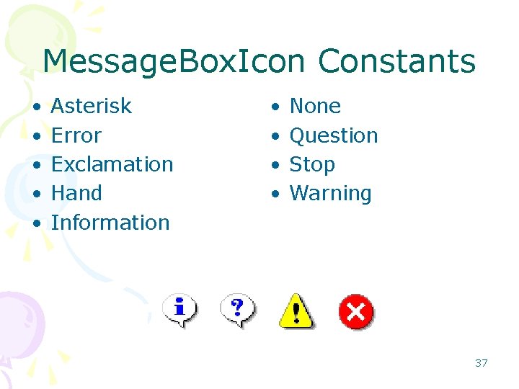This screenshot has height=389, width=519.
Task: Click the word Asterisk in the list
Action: point(92,107)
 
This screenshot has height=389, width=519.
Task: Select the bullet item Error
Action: point(76,135)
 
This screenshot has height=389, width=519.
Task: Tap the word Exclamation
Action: point(112,165)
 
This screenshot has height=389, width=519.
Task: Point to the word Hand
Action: point(76,194)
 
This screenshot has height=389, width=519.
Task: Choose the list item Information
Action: point(110,223)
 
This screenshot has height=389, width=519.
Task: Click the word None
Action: point(315,107)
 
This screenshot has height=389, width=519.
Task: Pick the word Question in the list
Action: point(334,135)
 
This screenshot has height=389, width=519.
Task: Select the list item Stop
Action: point(312,165)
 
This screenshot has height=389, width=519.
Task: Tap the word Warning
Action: point(331,194)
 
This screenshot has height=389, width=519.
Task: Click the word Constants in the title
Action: point(396,61)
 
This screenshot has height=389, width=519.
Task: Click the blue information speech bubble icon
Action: point(180,310)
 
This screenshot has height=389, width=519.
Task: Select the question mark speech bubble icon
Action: point(237,310)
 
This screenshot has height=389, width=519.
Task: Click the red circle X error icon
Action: point(356,312)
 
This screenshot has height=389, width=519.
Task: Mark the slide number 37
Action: point(481,363)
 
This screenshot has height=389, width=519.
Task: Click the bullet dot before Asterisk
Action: point(36,107)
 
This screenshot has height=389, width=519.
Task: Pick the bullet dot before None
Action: point(275,107)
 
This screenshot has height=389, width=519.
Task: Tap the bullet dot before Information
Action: point(36,223)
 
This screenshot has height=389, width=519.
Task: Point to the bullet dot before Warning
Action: point(275,194)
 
